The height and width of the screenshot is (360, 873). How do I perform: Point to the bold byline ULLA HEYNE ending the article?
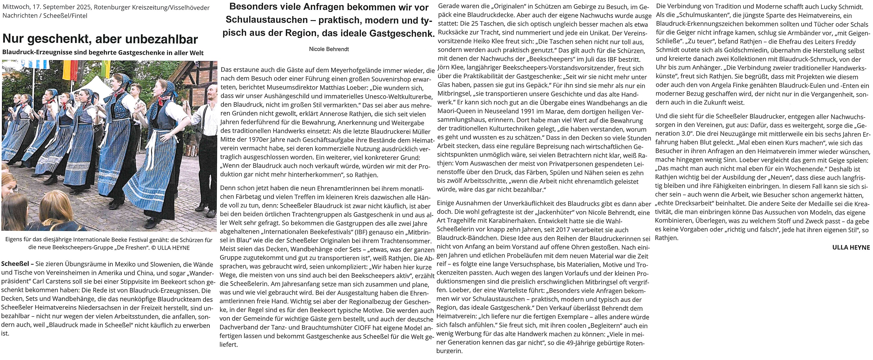click(851, 247)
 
